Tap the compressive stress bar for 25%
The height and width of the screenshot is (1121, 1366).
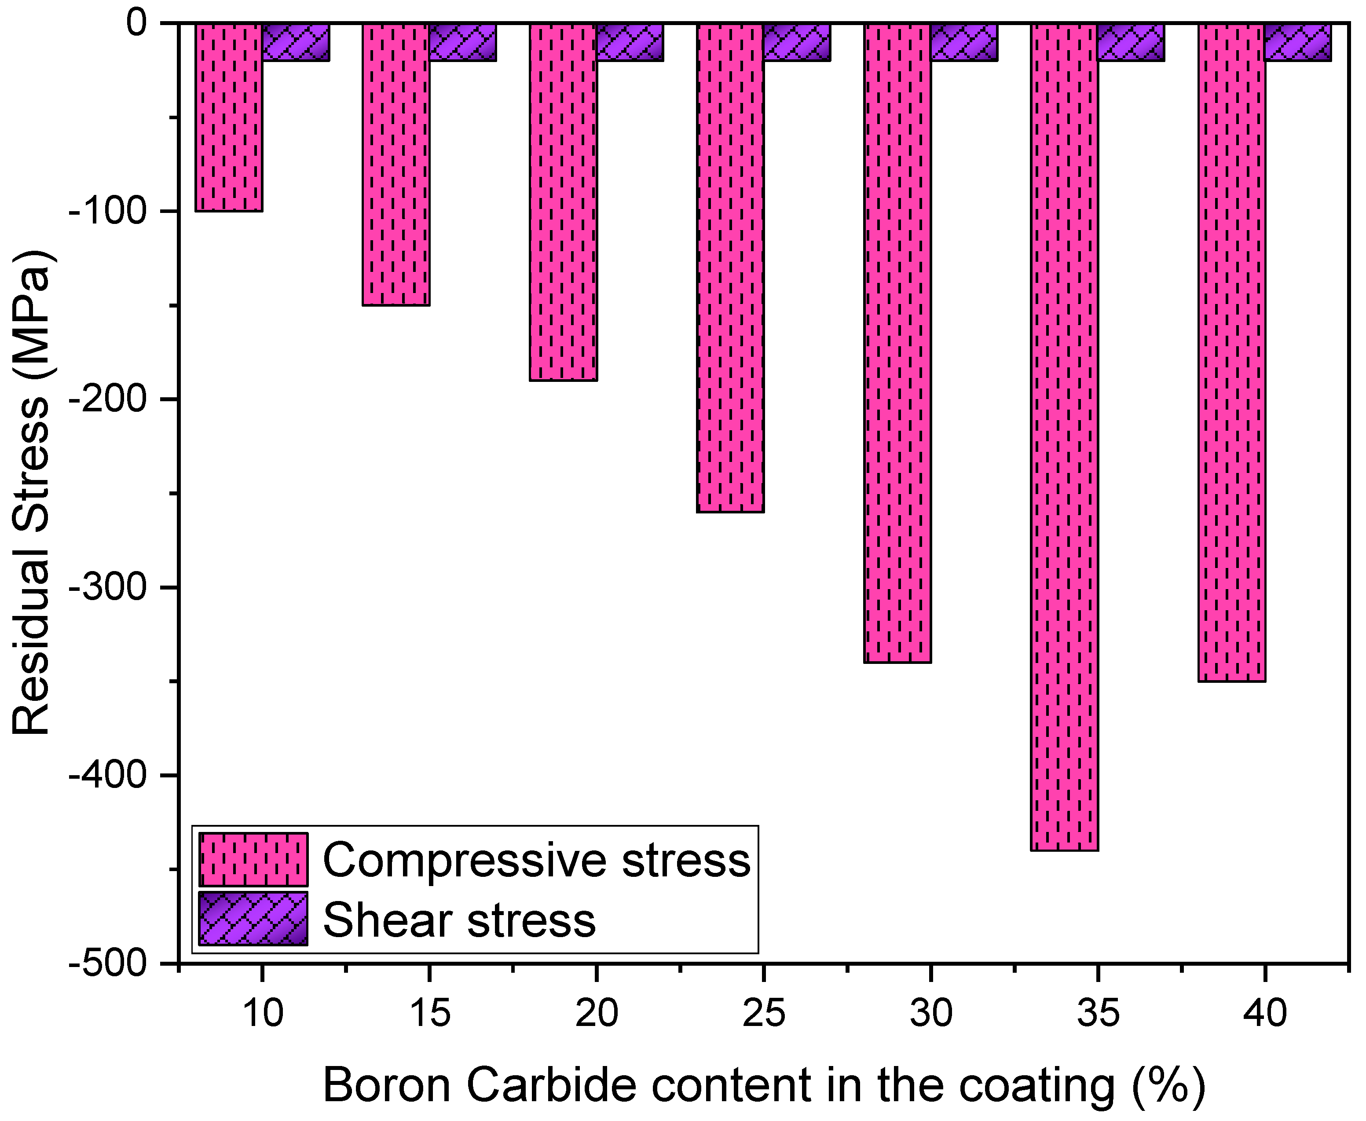(730, 268)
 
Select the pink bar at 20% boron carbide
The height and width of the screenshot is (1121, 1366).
(563, 202)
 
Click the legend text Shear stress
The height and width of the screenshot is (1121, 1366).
(459, 920)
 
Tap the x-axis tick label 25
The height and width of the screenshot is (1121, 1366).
(764, 1012)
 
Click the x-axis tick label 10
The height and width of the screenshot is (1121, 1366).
(262, 1012)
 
